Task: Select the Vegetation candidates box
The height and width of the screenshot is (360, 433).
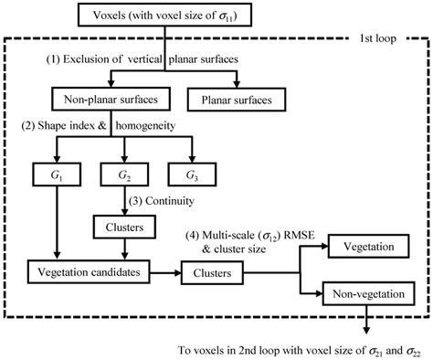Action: coord(89,272)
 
